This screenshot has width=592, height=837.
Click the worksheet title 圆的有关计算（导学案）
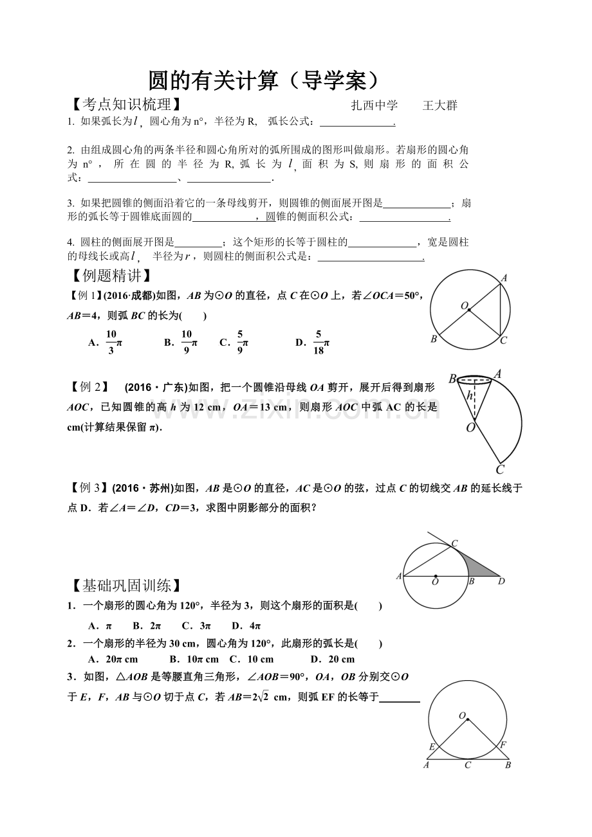point(263,80)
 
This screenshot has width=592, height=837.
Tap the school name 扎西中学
point(375,105)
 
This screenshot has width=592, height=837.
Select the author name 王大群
point(439,105)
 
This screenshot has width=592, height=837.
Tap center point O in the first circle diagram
point(469,310)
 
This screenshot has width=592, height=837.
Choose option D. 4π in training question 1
point(246,625)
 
